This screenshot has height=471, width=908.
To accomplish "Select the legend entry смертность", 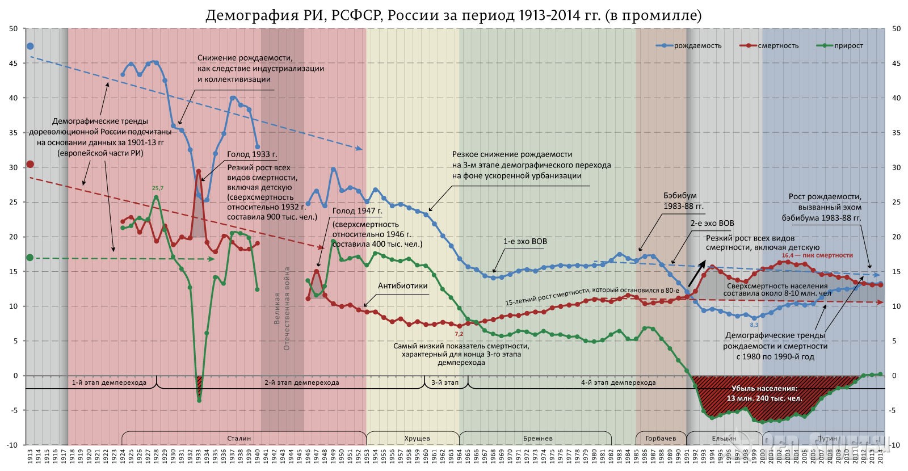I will coord(778,45).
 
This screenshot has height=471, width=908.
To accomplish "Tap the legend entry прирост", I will coord(848,45).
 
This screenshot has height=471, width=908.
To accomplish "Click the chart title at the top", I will coord(453,15).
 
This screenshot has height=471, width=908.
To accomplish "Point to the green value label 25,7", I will coord(157,188).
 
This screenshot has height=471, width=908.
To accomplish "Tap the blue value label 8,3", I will coord(754,325).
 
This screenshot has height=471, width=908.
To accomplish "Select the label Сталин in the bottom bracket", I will coord(239,438).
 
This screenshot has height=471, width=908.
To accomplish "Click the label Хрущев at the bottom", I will coord(417,438).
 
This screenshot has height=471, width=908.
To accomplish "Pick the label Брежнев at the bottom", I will coord(538,438).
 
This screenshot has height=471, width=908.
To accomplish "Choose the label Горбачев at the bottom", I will coord(661,438).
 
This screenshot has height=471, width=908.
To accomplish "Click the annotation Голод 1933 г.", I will coord(252,154).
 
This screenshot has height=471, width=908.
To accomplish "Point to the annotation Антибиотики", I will coord(402,286).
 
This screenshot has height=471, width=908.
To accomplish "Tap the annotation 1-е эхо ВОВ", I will coord(525,241).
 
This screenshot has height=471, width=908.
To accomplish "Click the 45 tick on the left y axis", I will coord(13,63).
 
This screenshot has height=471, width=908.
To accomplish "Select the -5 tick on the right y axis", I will coord(896,410).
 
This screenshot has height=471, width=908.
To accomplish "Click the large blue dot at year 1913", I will coord(30,46).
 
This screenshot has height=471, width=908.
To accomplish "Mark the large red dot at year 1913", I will coord(30,164).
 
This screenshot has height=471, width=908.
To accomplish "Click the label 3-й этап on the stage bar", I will coord(445,382).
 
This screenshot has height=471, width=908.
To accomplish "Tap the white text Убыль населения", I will coord(764,389).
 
